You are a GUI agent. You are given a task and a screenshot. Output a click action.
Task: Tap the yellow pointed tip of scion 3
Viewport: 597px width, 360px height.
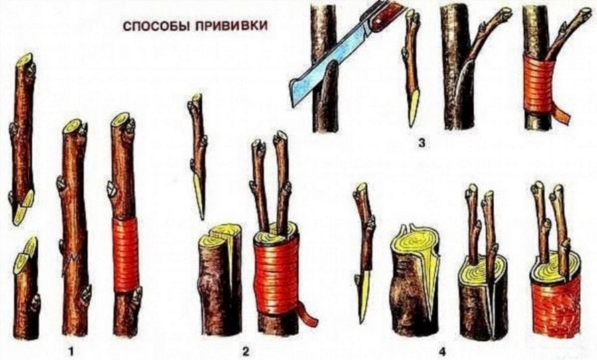414,109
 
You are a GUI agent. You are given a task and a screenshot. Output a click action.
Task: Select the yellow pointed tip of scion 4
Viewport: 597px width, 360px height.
362,304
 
